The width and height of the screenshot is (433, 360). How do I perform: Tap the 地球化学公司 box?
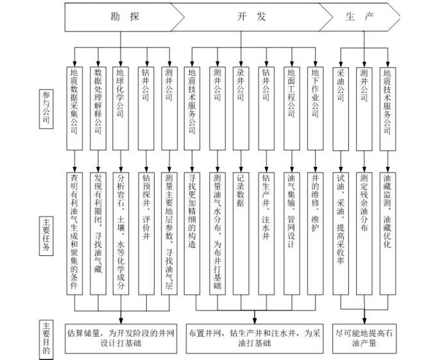coord(121,103)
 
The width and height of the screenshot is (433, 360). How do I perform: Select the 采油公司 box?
coord(341,103)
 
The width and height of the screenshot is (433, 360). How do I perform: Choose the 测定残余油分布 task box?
coord(364,231)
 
